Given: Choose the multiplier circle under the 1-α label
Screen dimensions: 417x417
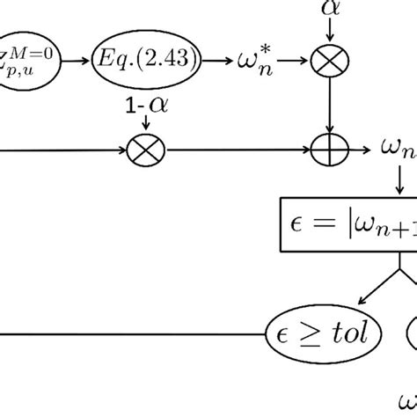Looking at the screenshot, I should coord(146,150).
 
